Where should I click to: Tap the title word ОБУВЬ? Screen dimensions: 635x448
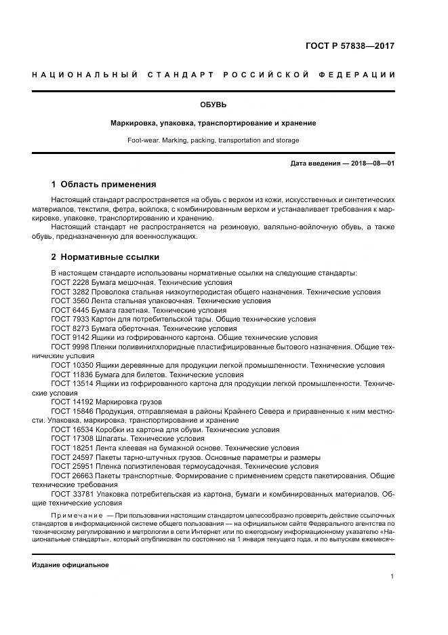coord(213,104)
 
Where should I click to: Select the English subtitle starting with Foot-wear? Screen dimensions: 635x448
coord(213,140)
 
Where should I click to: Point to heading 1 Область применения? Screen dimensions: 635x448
coord(104,184)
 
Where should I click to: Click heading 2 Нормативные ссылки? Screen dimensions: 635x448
coord(105,258)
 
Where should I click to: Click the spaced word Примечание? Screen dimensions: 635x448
coord(77,516)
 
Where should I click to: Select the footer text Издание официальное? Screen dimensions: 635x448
coord(70,564)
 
